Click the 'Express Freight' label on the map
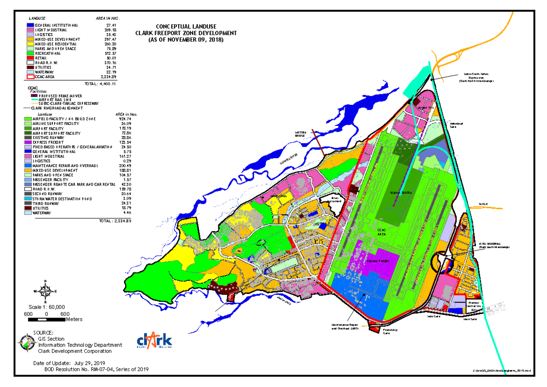(378, 261)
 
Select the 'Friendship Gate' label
(387, 331)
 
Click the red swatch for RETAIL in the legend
(31, 58)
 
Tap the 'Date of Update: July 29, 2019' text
(75, 363)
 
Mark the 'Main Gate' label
(470, 319)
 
